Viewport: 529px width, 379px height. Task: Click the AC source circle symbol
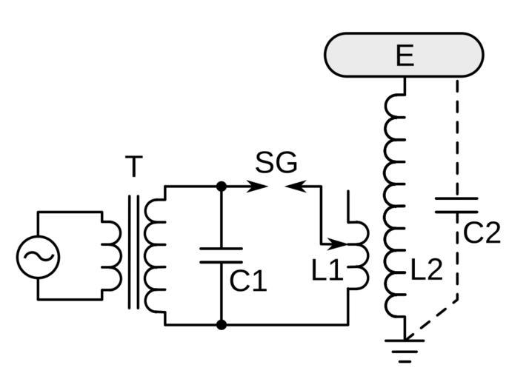pos(38,256)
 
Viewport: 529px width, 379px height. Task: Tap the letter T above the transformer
pos(133,168)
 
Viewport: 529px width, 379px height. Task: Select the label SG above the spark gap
pos(276,163)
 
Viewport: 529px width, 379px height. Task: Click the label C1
pos(247,281)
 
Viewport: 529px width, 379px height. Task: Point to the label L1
pos(327,272)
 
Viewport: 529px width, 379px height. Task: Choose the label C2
pos(482,233)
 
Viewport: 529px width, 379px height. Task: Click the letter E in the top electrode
pos(405,56)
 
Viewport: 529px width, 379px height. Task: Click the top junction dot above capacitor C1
pos(221,186)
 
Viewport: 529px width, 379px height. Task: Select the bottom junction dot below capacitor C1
pos(221,324)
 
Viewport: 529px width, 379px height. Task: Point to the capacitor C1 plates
pos(221,255)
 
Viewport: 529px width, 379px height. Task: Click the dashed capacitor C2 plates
pos(456,204)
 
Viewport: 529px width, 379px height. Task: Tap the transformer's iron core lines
pos(133,252)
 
